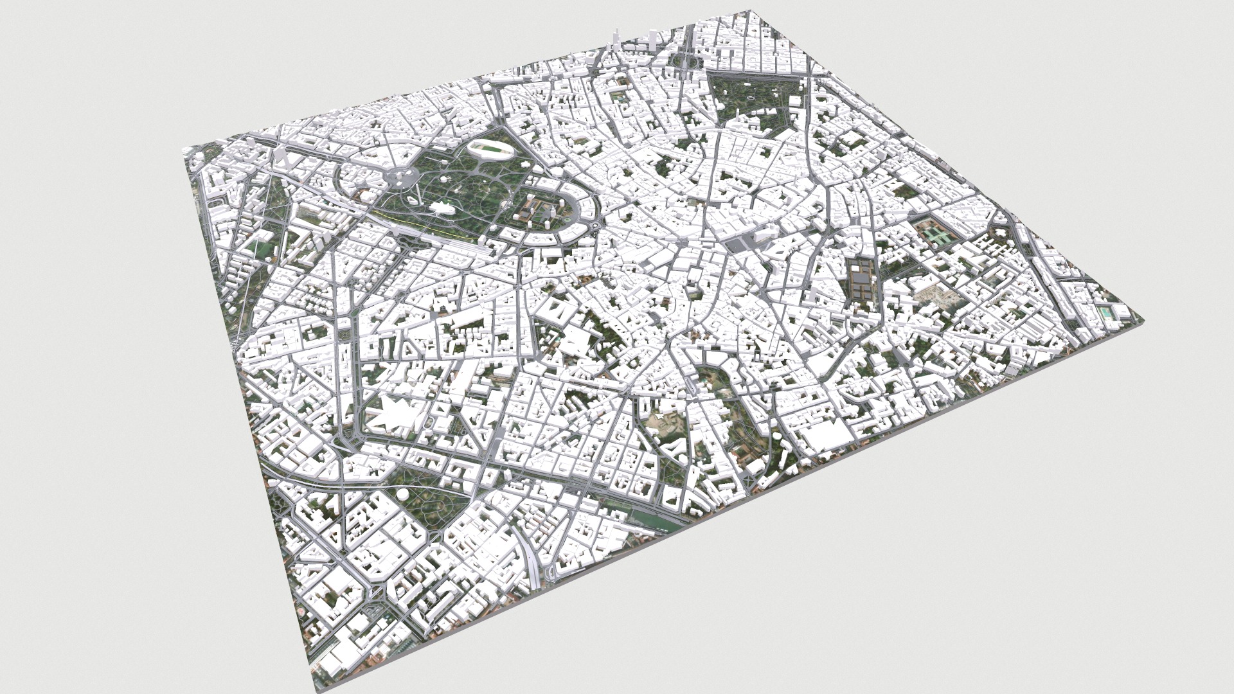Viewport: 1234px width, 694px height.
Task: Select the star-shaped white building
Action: coord(395,414)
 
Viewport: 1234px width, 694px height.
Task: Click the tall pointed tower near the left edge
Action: coord(281,157)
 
